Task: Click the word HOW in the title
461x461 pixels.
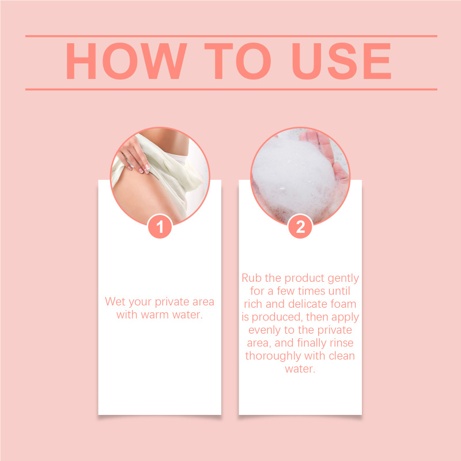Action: [126, 61]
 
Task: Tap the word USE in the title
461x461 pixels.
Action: [342, 61]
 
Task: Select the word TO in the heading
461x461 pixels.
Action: [237, 61]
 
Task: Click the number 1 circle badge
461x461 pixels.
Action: [160, 226]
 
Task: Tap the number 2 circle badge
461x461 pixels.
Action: [300, 226]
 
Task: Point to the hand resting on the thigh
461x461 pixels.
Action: [135, 155]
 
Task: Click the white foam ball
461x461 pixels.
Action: [294, 176]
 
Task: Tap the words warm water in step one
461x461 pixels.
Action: [172, 315]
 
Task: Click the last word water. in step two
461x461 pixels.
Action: [300, 369]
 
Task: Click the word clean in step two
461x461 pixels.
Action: [342, 356]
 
